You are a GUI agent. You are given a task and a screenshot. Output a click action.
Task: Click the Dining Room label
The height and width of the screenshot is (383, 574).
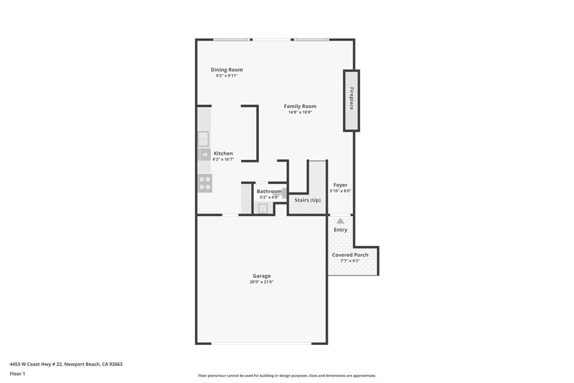coord(226,70)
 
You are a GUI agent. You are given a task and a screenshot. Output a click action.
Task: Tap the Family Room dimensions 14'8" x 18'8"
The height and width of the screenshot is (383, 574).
coord(299,112)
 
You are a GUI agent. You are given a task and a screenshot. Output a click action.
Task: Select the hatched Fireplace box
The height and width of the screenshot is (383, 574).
coord(351,100)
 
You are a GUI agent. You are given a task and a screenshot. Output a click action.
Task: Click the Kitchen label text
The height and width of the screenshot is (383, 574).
coord(223,153)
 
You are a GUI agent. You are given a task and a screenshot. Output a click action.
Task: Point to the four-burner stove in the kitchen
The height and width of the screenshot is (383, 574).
coord(205,183)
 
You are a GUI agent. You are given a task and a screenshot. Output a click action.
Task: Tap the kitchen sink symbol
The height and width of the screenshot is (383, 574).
coord(203,138)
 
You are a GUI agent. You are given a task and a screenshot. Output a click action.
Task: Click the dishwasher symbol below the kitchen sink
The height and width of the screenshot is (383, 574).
coord(204,154)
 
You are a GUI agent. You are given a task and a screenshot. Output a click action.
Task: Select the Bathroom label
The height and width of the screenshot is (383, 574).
coord(269,191)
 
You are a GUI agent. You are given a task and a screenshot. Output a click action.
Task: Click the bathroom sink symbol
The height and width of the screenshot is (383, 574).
coord(262,209)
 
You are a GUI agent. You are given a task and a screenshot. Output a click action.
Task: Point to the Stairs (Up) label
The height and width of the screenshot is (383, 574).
coord(308,200)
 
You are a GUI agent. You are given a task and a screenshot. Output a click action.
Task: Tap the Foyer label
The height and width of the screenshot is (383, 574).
coord(340,185)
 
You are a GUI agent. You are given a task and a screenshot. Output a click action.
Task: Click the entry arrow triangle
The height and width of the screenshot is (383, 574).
coord(340,221)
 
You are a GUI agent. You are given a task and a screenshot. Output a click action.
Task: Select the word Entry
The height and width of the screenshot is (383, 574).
coord(340,230)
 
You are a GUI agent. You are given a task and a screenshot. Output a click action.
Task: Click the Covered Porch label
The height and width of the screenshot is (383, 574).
coord(350,255)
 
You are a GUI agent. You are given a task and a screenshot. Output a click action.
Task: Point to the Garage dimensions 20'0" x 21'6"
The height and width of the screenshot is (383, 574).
coord(261,282)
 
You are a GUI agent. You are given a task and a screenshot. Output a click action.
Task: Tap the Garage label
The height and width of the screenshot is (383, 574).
coord(261,276)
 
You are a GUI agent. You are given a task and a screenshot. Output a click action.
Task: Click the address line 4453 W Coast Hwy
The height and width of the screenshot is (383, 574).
coord(66,364)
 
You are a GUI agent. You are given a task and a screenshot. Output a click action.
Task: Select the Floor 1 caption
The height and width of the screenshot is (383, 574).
coord(18,373)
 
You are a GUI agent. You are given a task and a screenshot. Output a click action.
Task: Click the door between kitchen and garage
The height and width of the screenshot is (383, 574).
coord(230,215)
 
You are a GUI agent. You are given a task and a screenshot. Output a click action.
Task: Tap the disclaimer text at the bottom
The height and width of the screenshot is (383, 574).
coord(286,376)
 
